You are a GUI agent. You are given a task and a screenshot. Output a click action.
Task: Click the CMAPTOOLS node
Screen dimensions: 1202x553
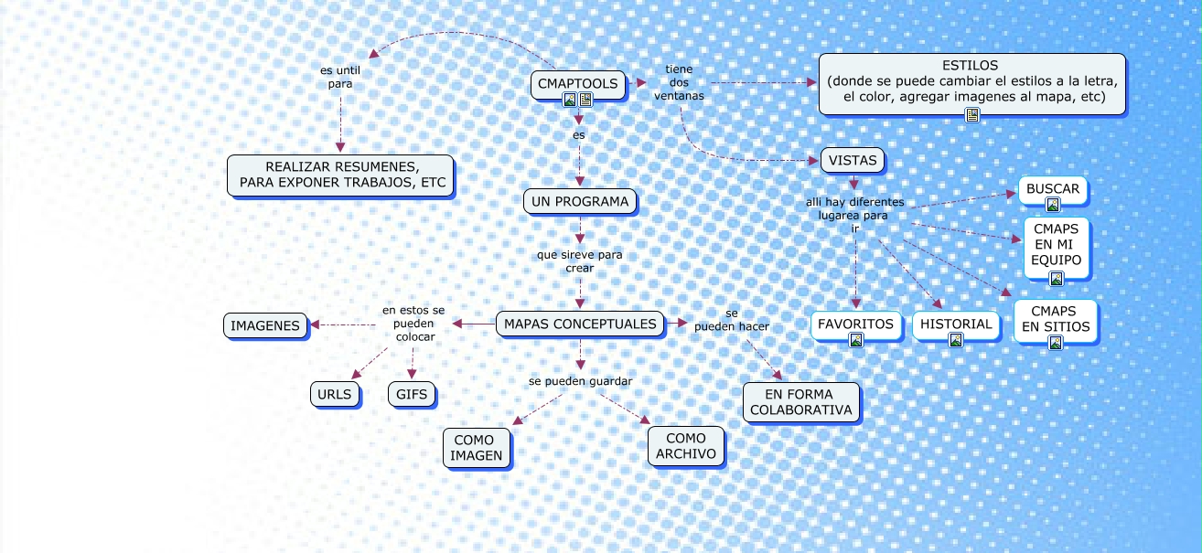point(578,84)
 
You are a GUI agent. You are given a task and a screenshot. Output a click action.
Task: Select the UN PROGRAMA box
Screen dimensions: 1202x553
point(580,202)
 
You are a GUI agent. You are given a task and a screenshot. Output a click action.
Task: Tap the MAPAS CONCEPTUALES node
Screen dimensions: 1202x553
point(580,324)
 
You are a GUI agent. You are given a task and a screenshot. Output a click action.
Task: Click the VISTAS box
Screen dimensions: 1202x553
point(853,161)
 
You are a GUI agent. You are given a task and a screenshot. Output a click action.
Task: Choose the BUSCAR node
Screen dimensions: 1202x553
point(1053,189)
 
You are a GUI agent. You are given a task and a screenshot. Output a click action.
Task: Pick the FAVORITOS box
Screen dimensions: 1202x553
point(855,324)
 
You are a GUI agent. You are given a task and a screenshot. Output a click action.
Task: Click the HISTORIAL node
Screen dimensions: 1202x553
point(956,324)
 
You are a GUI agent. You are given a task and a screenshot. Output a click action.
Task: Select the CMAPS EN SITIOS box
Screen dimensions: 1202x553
point(1055,319)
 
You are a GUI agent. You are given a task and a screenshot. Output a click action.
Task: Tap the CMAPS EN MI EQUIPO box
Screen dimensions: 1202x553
point(1057,245)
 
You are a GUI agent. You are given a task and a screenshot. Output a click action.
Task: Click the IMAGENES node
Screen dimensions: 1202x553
point(265,325)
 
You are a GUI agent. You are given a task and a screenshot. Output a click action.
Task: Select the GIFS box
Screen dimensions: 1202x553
point(412,395)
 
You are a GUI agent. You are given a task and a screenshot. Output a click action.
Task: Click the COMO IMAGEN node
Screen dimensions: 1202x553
point(476,448)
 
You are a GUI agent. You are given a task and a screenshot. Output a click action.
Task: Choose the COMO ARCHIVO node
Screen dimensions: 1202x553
point(686,446)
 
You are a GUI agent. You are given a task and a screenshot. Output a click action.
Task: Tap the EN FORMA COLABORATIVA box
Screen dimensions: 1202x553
point(801,402)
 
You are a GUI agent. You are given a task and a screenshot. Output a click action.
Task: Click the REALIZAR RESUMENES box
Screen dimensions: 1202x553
point(342,175)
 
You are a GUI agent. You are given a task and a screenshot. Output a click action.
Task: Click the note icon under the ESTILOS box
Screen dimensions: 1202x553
point(972,114)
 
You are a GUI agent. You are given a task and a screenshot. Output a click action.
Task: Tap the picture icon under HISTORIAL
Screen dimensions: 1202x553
point(956,340)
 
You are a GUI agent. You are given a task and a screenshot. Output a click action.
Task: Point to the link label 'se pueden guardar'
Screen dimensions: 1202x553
point(580,380)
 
